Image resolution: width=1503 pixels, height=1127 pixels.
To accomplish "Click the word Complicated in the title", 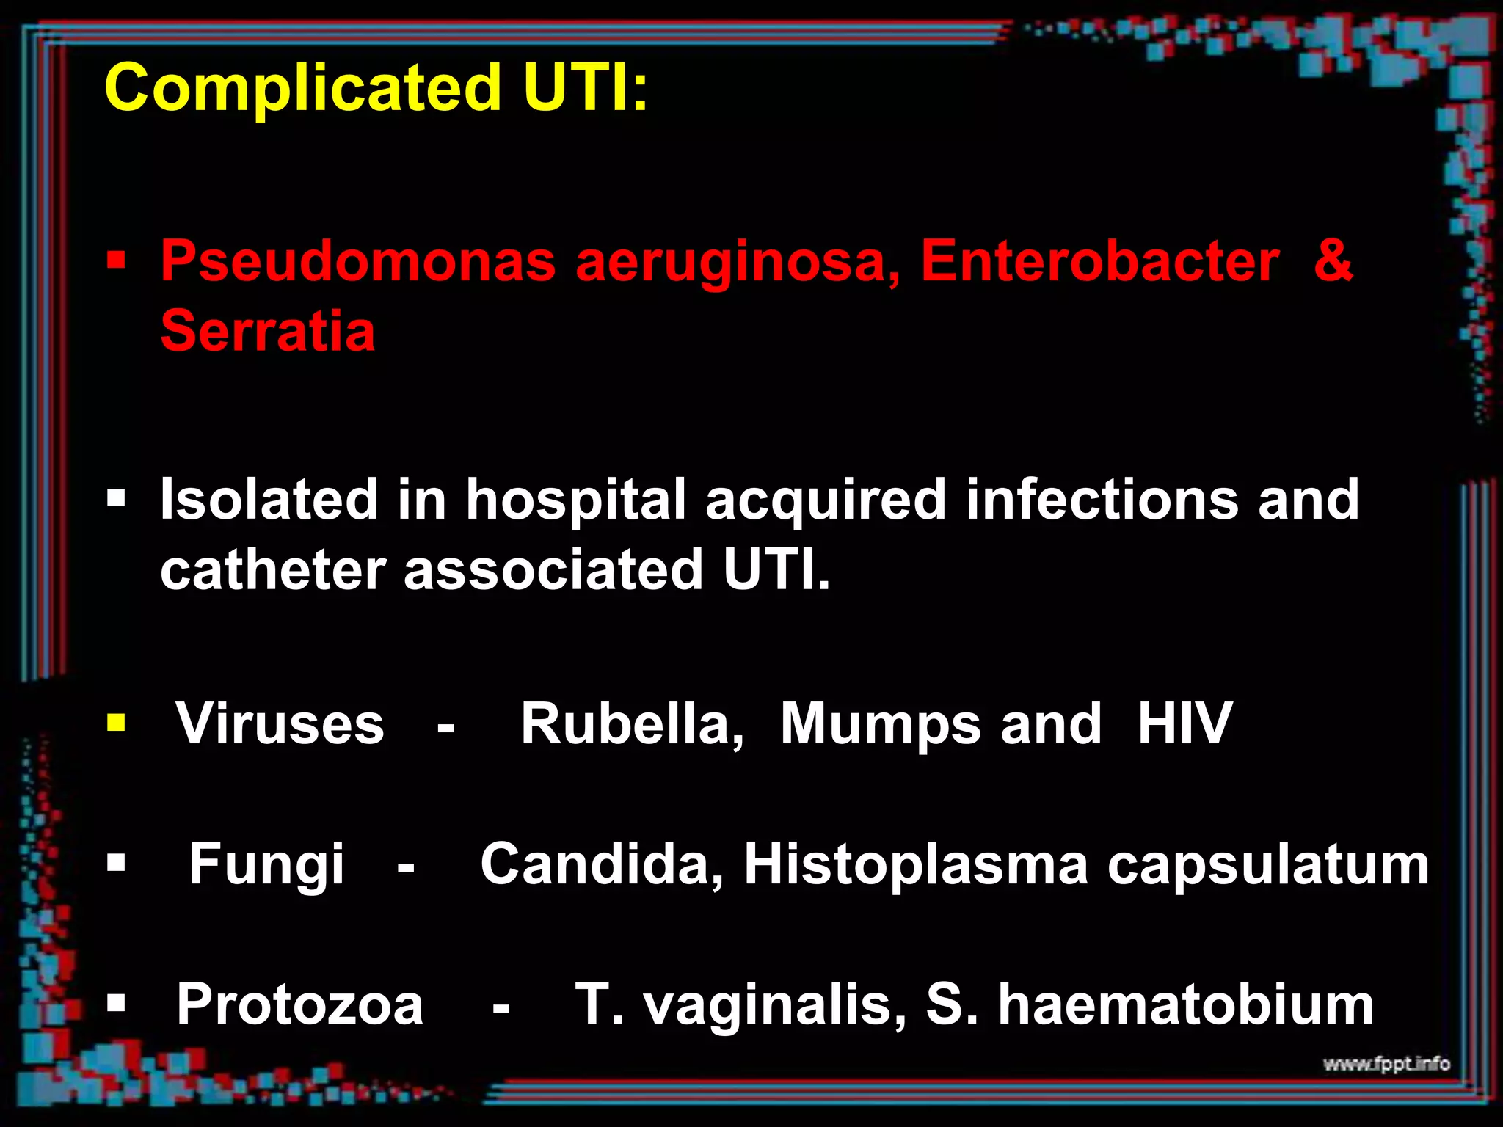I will tap(302, 88).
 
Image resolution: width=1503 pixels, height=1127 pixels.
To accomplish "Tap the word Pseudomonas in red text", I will tap(358, 261).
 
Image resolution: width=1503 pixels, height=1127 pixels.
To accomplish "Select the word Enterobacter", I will tap(1100, 261).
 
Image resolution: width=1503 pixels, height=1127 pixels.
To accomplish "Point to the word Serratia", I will tap(268, 331).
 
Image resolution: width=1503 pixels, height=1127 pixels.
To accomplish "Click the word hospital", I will tap(576, 500).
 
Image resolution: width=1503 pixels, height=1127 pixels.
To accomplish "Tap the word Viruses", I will tap(280, 724).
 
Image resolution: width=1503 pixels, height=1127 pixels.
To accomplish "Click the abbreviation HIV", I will tap(1184, 724).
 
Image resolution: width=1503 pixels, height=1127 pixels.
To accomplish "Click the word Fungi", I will tap(266, 864).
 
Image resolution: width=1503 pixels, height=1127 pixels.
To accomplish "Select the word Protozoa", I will tap(300, 1004).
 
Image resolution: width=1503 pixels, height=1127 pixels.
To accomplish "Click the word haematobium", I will tap(1185, 1004).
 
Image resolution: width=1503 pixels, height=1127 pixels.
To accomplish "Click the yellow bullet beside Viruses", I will tap(116, 723).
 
